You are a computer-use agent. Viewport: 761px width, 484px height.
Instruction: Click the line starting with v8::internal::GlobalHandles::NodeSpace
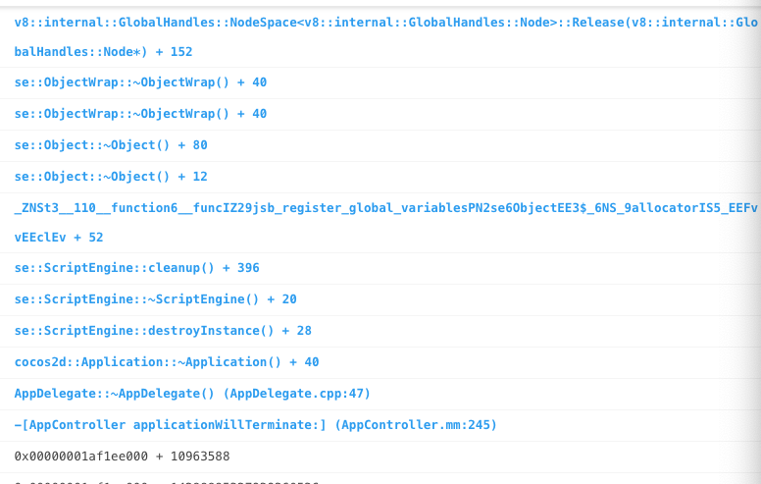coord(382,22)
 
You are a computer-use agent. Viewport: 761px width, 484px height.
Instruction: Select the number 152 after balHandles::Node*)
coord(180,51)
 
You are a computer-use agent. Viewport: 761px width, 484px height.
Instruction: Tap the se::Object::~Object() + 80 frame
coord(111,145)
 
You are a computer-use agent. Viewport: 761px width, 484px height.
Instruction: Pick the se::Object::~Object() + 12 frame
coord(111,177)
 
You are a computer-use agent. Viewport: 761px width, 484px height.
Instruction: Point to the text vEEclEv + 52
coord(59,238)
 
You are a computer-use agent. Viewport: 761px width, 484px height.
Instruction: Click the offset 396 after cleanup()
coord(248,268)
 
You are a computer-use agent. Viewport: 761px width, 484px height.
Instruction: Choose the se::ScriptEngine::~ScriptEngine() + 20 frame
coord(155,299)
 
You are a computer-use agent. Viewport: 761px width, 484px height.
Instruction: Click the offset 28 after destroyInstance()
coord(303,331)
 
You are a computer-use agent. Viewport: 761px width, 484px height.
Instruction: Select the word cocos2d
coord(39,362)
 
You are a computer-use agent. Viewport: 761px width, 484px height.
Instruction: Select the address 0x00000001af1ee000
coord(82,457)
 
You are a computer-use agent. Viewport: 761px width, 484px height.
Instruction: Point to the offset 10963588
coord(200,457)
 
